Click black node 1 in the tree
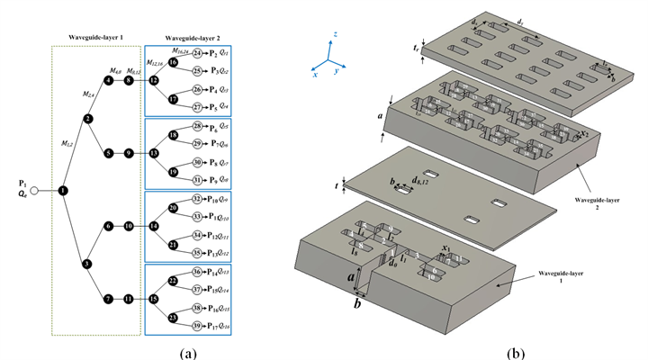[x=63, y=191]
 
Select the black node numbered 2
[x=87, y=118]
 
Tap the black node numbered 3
[x=87, y=264]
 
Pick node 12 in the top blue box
[x=154, y=80]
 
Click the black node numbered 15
[x=154, y=300]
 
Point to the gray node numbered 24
[x=197, y=53]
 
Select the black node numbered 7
[x=108, y=299]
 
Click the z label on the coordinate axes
[x=336, y=34]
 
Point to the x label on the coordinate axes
[x=314, y=76]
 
